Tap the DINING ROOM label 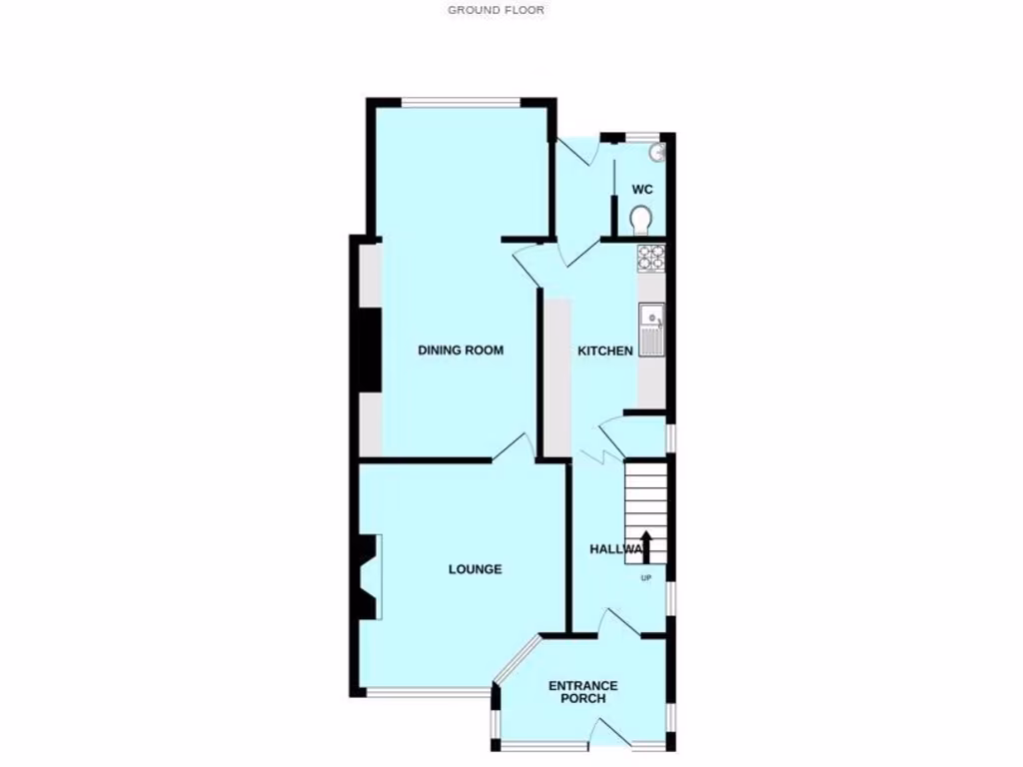461,351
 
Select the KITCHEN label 605,351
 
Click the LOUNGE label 475,569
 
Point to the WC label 641,190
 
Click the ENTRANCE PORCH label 583,692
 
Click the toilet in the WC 641,217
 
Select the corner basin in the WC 656,153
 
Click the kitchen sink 651,329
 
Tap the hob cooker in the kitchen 651,258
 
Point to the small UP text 645,577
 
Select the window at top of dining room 462,102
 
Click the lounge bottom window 426,692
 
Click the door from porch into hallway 619,623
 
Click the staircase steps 645,499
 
